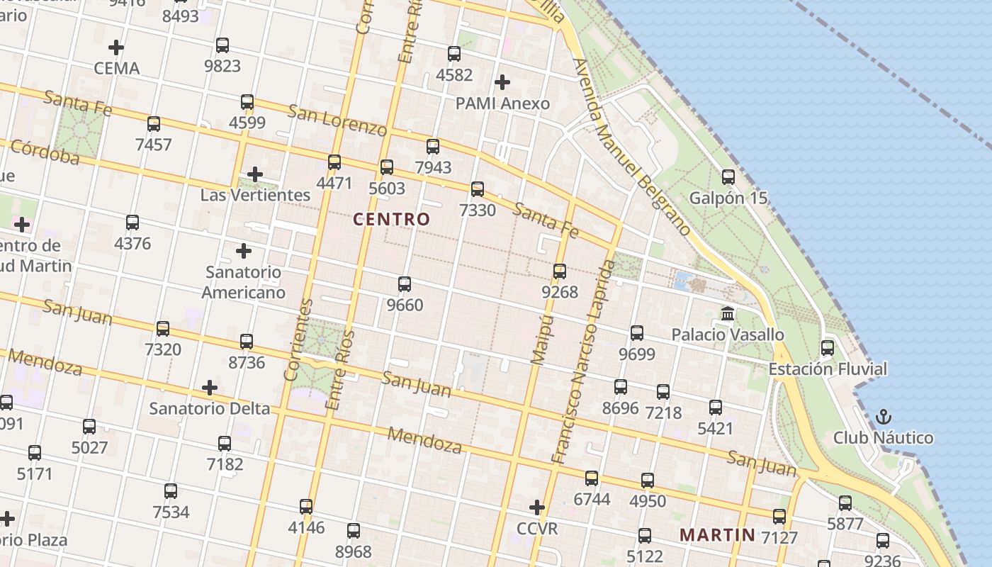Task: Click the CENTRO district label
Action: coord(391,219)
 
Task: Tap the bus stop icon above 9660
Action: coord(405,284)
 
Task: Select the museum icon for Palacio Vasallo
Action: coord(728,313)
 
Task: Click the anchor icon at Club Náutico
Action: coord(883,417)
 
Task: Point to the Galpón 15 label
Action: coord(728,198)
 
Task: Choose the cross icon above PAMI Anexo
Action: coord(502,82)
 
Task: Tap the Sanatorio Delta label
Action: coord(210,408)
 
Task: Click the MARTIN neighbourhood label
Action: coord(718,534)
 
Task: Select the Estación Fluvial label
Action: coord(828,369)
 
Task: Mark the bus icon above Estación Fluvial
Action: coord(828,348)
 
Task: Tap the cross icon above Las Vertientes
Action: coord(255,174)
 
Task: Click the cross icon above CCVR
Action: coord(537,507)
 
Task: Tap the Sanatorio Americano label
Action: coord(244,282)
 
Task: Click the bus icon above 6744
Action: coord(592,478)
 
